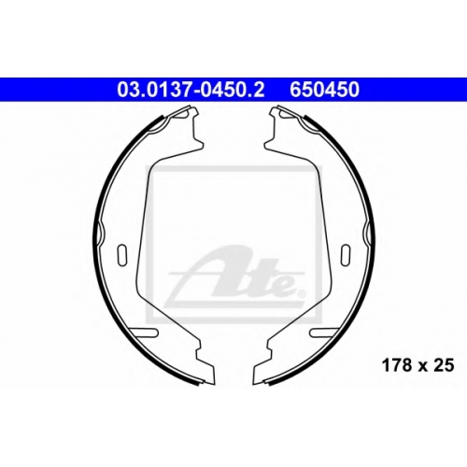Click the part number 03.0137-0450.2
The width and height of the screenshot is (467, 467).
coord(191,90)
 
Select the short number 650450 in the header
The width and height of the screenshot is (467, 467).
coord(324,90)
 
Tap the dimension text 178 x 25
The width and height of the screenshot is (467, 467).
coord(417,365)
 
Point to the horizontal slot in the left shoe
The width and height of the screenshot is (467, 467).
coord(144,333)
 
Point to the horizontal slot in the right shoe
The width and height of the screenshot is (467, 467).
coord(323,333)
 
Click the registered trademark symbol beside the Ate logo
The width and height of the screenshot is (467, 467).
coord(302,293)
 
